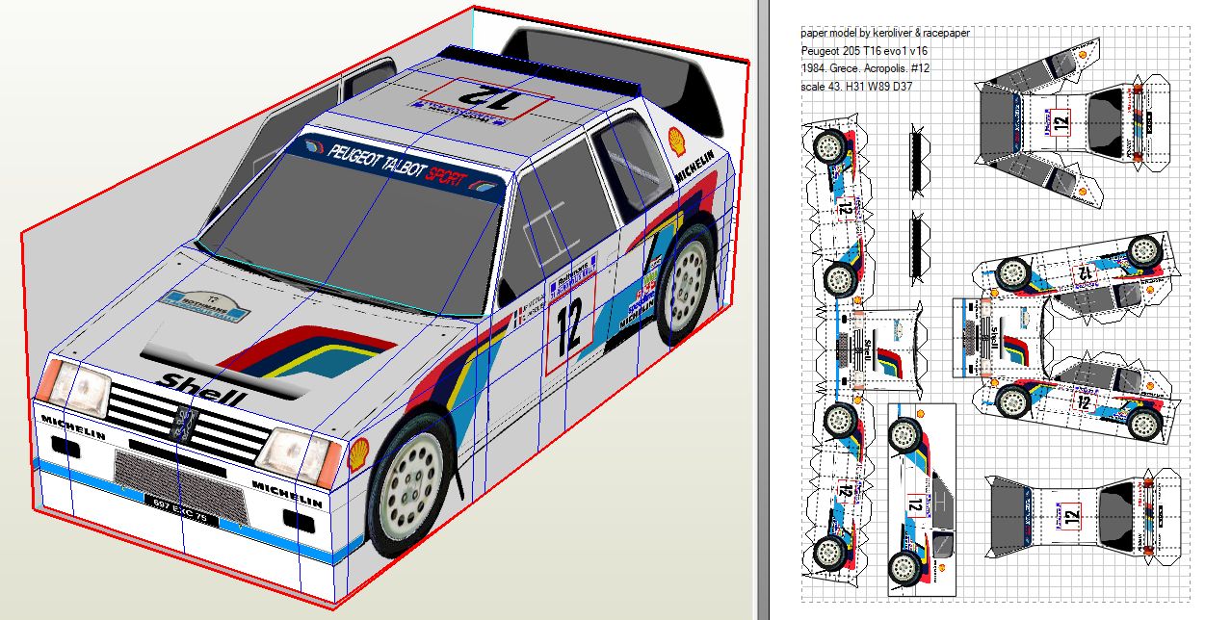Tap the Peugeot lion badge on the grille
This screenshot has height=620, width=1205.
183,425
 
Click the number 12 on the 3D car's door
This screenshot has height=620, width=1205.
568,326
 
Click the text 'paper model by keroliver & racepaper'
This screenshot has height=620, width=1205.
885,33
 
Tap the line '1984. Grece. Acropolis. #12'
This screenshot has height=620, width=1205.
865,68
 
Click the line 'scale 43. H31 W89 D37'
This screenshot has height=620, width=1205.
856,87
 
